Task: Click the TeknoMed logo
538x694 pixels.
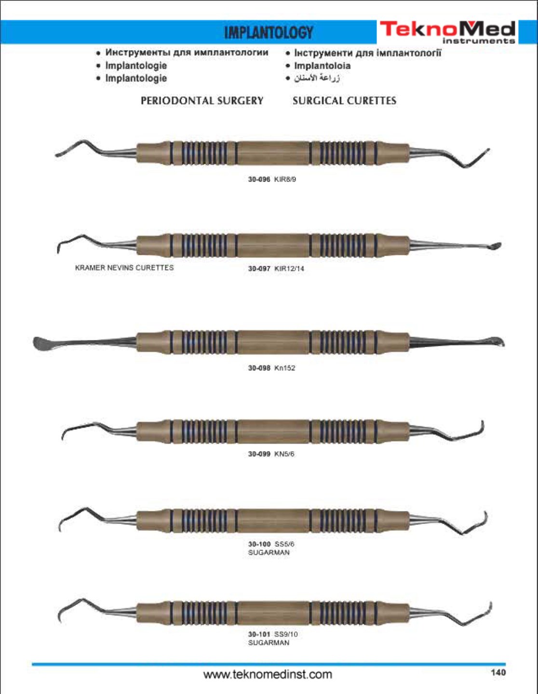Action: tap(447, 32)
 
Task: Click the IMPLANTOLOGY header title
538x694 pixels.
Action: tap(269, 33)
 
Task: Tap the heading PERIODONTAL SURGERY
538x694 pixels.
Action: tap(202, 101)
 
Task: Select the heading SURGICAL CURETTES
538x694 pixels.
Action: tap(344, 101)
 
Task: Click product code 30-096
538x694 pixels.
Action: tap(259, 179)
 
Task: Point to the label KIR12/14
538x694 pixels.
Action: tap(289, 269)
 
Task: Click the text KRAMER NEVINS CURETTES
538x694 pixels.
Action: tap(124, 268)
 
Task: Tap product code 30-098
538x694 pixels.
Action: tap(259, 368)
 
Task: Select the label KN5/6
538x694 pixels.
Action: tap(284, 454)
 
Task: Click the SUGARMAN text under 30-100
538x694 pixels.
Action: tap(269, 552)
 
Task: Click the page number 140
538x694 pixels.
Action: tap(498, 673)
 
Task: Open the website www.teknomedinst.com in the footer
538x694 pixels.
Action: tap(268, 674)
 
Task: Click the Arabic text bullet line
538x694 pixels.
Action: tap(313, 78)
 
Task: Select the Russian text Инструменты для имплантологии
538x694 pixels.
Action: tap(187, 52)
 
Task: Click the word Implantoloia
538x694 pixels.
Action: tap(322, 66)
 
